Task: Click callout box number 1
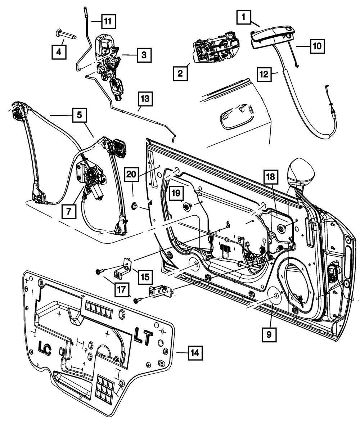pyautogui.click(x=244, y=17)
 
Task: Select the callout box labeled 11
pyautogui.click(x=108, y=21)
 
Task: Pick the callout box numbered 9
pyautogui.click(x=269, y=335)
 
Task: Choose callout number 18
pyautogui.click(x=271, y=177)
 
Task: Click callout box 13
pyautogui.click(x=145, y=99)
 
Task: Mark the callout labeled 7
pyautogui.click(x=69, y=212)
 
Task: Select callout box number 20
pyautogui.click(x=131, y=174)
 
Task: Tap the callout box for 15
pyautogui.click(x=145, y=277)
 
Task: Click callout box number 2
pyautogui.click(x=180, y=74)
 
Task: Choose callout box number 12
pyautogui.click(x=265, y=74)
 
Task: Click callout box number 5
pyautogui.click(x=79, y=115)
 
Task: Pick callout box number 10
pyautogui.click(x=317, y=46)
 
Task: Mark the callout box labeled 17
pyautogui.click(x=122, y=290)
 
